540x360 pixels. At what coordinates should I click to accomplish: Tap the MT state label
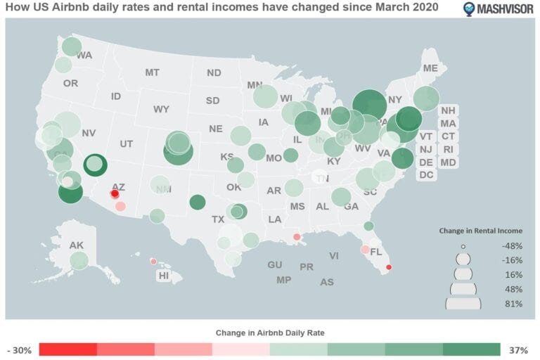[153, 72]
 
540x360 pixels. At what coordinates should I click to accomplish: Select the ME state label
[430, 68]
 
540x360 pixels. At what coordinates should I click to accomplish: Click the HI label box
[164, 276]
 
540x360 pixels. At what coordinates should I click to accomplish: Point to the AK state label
[77, 245]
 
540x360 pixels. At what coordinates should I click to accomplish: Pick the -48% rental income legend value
[511, 246]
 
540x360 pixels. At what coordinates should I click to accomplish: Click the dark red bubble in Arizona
[115, 194]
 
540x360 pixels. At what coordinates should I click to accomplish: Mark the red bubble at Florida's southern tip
[390, 266]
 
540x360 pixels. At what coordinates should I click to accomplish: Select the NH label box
[448, 110]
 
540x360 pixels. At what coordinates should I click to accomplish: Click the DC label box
[426, 175]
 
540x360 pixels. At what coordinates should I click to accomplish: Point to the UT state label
[126, 143]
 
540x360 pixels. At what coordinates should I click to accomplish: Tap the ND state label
[214, 72]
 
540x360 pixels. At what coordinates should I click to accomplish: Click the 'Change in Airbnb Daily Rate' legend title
[270, 331]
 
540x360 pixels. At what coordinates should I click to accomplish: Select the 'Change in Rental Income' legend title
[480, 230]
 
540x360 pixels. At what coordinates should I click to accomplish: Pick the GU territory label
[274, 265]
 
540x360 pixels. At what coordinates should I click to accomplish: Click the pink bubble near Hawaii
[153, 262]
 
